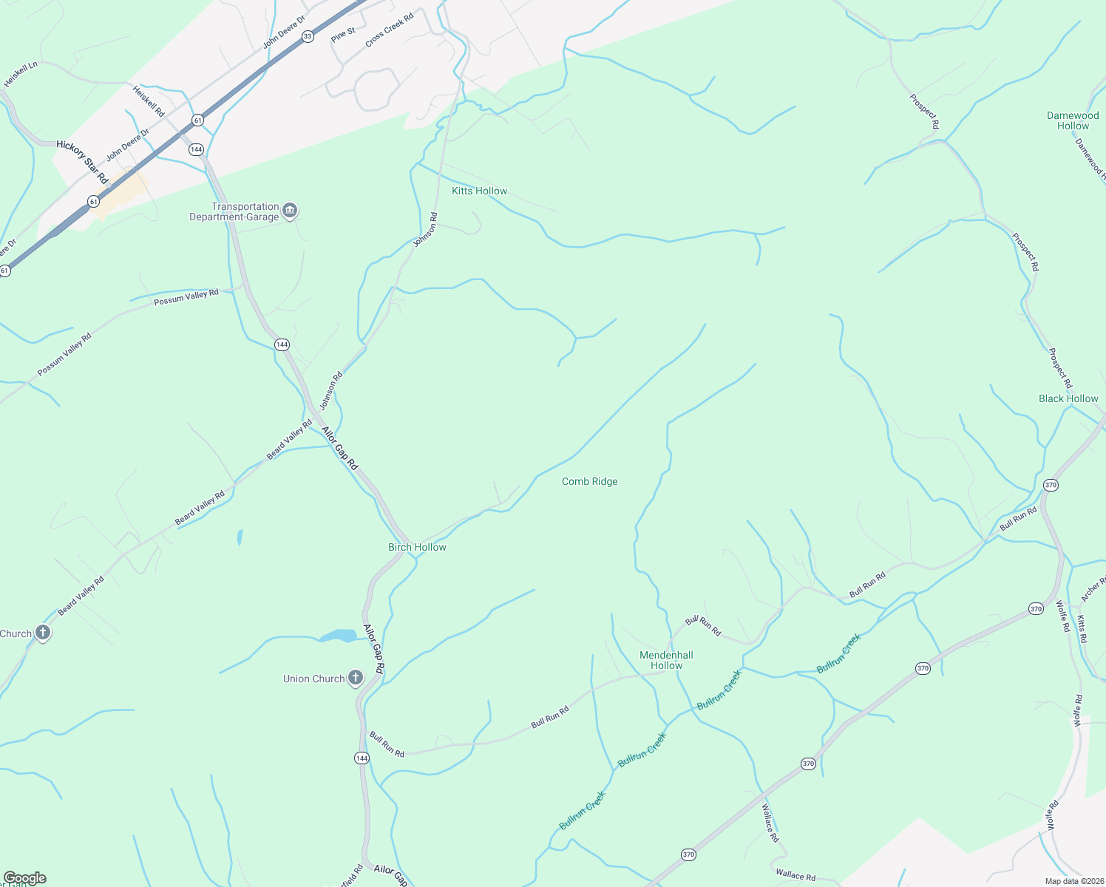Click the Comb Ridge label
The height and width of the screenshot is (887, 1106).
pyautogui.click(x=589, y=481)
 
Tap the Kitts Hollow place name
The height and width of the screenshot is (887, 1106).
pyautogui.click(x=479, y=191)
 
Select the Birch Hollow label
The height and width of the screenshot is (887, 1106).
pyautogui.click(x=417, y=547)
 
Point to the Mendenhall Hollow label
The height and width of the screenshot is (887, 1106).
pyautogui.click(x=666, y=660)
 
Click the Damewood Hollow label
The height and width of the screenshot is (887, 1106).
pyautogui.click(x=1073, y=120)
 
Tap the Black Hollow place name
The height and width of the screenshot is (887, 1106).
pyautogui.click(x=1068, y=398)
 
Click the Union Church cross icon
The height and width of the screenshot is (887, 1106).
pyautogui.click(x=356, y=678)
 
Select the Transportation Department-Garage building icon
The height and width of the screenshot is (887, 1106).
pyautogui.click(x=291, y=211)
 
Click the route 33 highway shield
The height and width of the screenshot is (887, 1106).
pyautogui.click(x=308, y=35)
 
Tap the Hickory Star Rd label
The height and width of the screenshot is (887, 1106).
pyautogui.click(x=82, y=163)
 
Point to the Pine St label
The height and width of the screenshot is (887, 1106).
pyautogui.click(x=344, y=35)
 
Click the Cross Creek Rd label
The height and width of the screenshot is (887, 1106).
pyautogui.click(x=389, y=30)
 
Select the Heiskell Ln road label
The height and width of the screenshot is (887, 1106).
pyautogui.click(x=21, y=75)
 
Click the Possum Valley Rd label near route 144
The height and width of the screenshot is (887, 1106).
pyautogui.click(x=186, y=297)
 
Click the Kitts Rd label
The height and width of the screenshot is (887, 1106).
pyautogui.click(x=1082, y=628)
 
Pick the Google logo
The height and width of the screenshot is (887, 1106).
pyautogui.click(x=24, y=878)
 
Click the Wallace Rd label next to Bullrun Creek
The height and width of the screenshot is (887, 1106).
pyautogui.click(x=770, y=823)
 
